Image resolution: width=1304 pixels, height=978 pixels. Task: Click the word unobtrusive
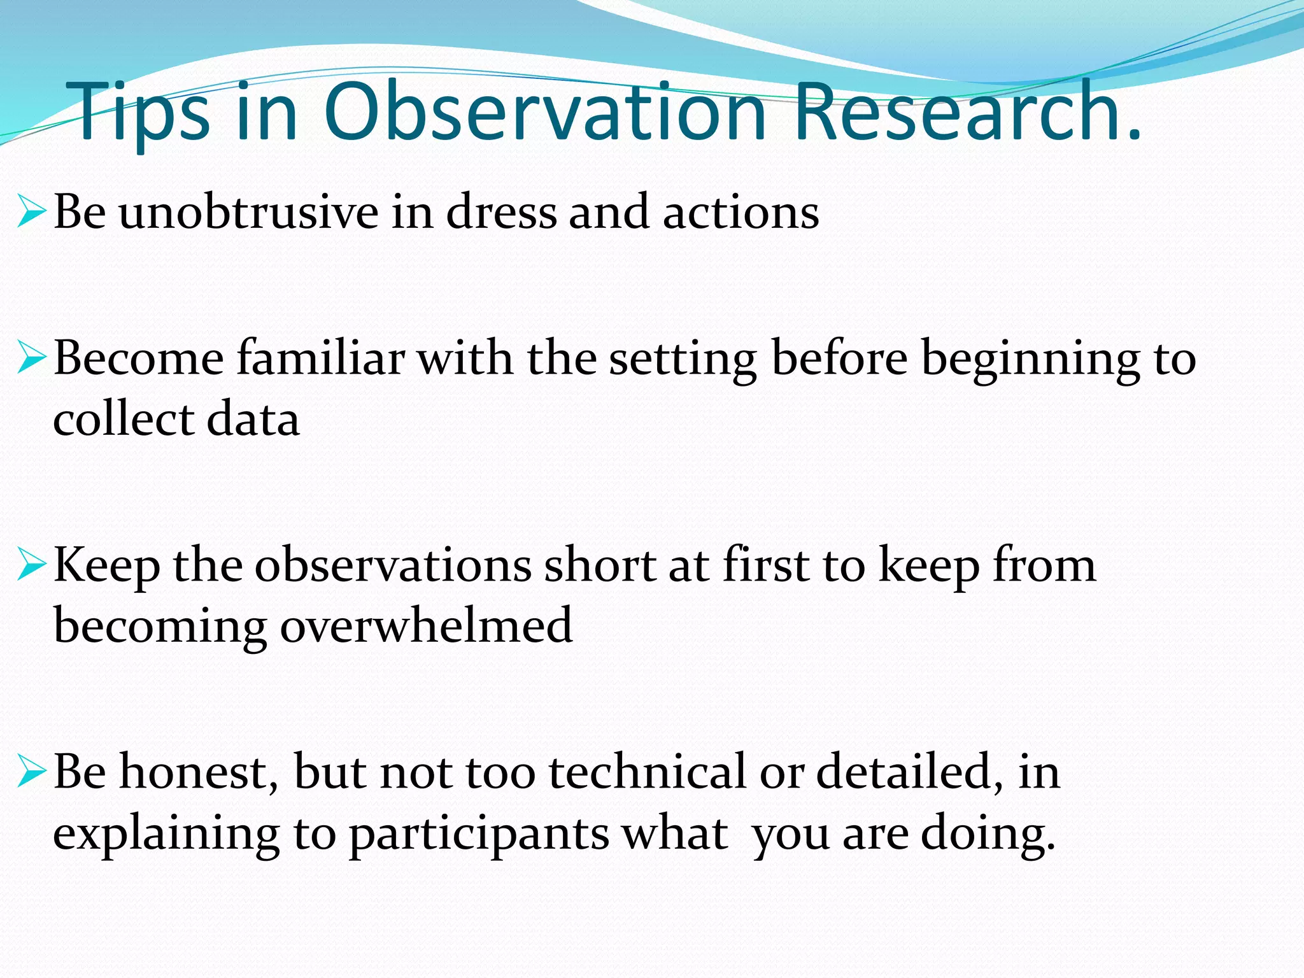[x=248, y=212]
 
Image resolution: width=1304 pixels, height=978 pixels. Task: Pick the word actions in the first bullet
[x=741, y=212]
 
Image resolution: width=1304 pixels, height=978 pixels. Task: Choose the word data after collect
[x=253, y=420]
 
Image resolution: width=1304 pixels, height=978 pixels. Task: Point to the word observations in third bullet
[x=393, y=565]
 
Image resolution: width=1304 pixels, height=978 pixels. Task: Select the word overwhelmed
[x=426, y=627]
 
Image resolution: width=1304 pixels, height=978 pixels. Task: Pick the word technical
[x=647, y=772]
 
